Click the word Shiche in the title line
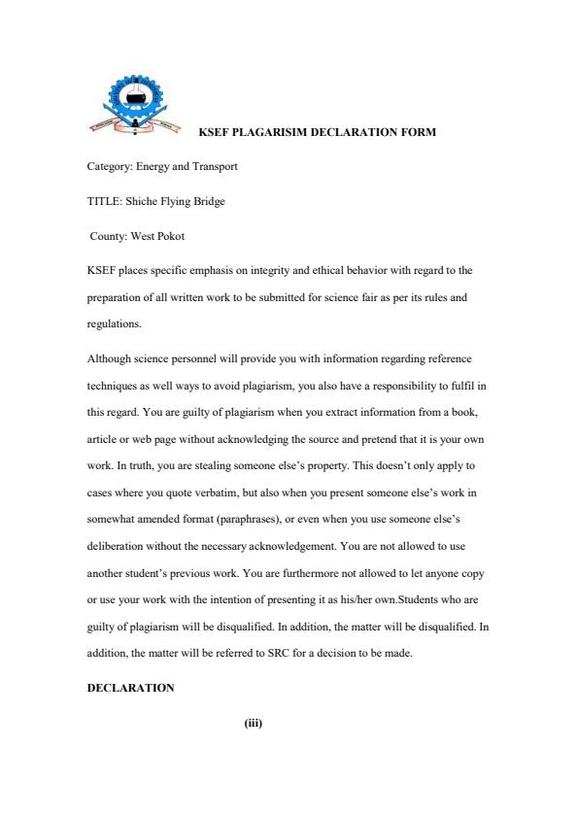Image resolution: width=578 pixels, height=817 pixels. pos(142,202)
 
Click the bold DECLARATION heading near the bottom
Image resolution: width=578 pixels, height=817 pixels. pos(131,688)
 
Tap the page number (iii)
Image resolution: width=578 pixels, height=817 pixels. pos(254,723)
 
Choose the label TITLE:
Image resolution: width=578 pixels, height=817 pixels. pos(104,202)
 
